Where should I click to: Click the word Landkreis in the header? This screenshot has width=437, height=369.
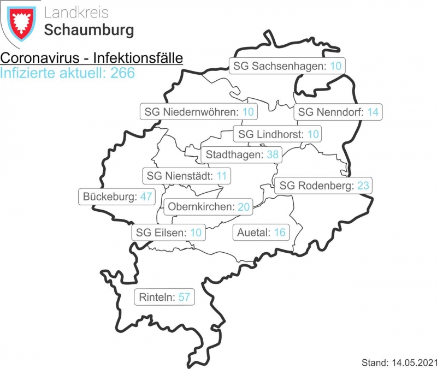point(76,13)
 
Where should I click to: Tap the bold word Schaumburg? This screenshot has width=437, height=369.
point(89,30)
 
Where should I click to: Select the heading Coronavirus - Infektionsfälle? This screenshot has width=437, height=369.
point(91,58)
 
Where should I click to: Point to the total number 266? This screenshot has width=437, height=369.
point(122,73)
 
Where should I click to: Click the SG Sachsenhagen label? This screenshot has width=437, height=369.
point(287,66)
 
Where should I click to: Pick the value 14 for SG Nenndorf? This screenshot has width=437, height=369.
point(373,112)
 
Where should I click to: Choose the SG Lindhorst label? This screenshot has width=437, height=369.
point(278,134)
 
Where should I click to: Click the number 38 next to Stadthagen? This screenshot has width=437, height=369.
point(273,154)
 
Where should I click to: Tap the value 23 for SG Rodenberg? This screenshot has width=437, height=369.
point(363,186)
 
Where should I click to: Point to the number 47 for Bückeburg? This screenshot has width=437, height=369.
point(145,197)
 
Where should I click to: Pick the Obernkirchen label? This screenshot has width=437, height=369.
point(209,206)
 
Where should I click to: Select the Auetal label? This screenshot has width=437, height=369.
point(261,233)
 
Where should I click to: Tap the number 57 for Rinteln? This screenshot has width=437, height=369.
point(184,297)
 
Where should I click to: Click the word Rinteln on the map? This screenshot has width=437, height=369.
point(157,297)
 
